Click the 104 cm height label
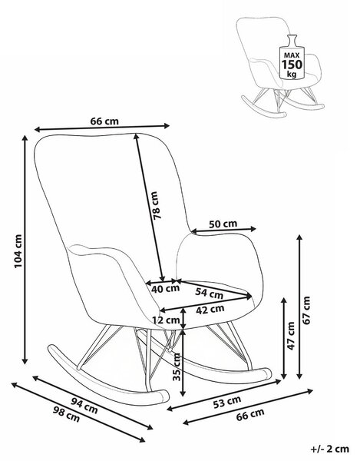click(18, 251)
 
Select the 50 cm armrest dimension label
click(223, 224)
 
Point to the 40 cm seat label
click(165, 289)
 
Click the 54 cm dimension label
click(210, 293)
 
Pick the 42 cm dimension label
click(210, 310)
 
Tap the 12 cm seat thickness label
click(166, 320)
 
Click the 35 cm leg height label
click(177, 366)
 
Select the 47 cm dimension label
click(290, 336)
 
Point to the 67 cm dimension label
click(306, 310)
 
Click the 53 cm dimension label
click(227, 402)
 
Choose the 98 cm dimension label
click(66, 414)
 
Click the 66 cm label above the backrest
click(104, 121)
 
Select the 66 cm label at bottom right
click(250, 414)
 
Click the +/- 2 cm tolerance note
click(330, 449)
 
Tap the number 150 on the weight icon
click(292, 64)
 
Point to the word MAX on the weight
click(292, 55)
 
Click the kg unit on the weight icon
click(292, 74)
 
